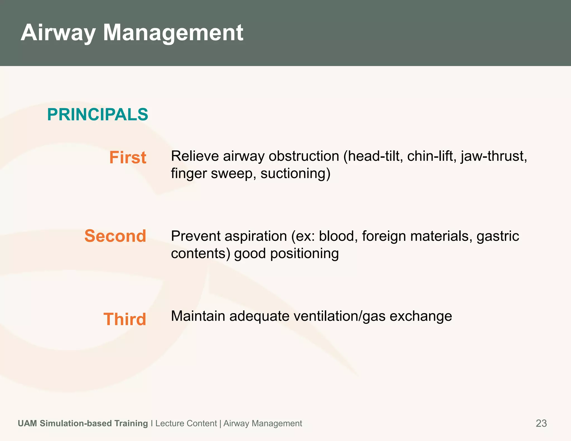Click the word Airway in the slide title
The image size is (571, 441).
point(58,33)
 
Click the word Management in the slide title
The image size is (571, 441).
point(173,33)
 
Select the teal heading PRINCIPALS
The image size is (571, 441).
point(98,115)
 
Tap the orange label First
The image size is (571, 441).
point(128,157)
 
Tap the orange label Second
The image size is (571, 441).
point(115,236)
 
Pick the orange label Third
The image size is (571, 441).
point(125,319)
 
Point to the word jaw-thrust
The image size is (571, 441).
point(494,156)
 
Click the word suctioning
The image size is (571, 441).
point(295,173)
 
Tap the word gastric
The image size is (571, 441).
point(498,236)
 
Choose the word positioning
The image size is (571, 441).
point(304,253)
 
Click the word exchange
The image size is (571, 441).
point(421,316)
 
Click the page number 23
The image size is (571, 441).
point(541,423)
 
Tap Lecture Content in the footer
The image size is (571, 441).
point(186,423)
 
